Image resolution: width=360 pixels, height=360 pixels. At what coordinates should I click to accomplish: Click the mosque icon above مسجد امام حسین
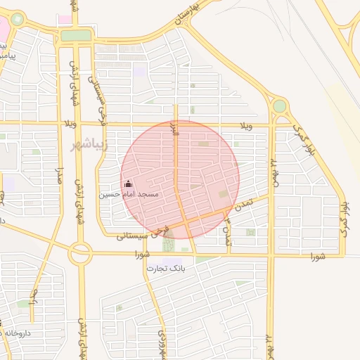click(x=127, y=184)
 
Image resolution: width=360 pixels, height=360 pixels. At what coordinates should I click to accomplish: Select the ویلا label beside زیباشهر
click(x=70, y=125)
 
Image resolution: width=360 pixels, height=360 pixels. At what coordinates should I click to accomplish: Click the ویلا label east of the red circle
click(x=246, y=126)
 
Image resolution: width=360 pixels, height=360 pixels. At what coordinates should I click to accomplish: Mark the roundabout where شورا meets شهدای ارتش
click(x=79, y=254)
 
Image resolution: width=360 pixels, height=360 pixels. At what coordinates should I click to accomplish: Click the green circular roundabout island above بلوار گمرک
click(x=280, y=106)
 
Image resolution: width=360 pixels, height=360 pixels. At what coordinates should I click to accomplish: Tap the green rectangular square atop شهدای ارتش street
click(x=75, y=35)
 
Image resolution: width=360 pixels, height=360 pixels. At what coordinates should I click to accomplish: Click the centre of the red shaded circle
click(x=180, y=179)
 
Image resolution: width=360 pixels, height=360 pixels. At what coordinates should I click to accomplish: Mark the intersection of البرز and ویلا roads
click(x=176, y=124)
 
